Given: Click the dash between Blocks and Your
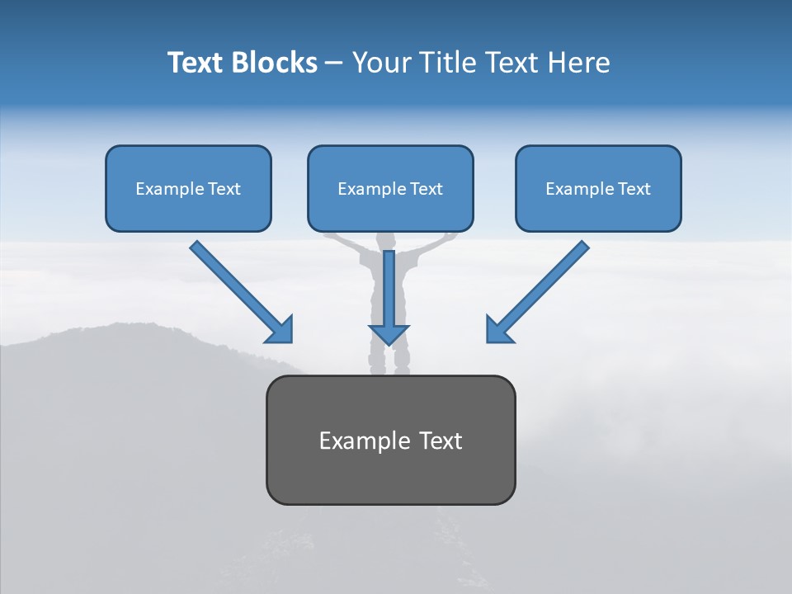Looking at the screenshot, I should pos(334,64).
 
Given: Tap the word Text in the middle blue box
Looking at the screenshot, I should pos(427,189).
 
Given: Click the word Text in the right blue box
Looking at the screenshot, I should pos(634,189).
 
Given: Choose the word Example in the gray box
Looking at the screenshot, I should pos(364,441).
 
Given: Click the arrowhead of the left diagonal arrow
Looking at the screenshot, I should pos(280,330).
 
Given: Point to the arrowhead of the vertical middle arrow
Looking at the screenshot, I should pos(389,334).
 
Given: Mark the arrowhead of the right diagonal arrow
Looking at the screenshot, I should pos(498,330).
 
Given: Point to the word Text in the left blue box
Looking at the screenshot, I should pos(224,189).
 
